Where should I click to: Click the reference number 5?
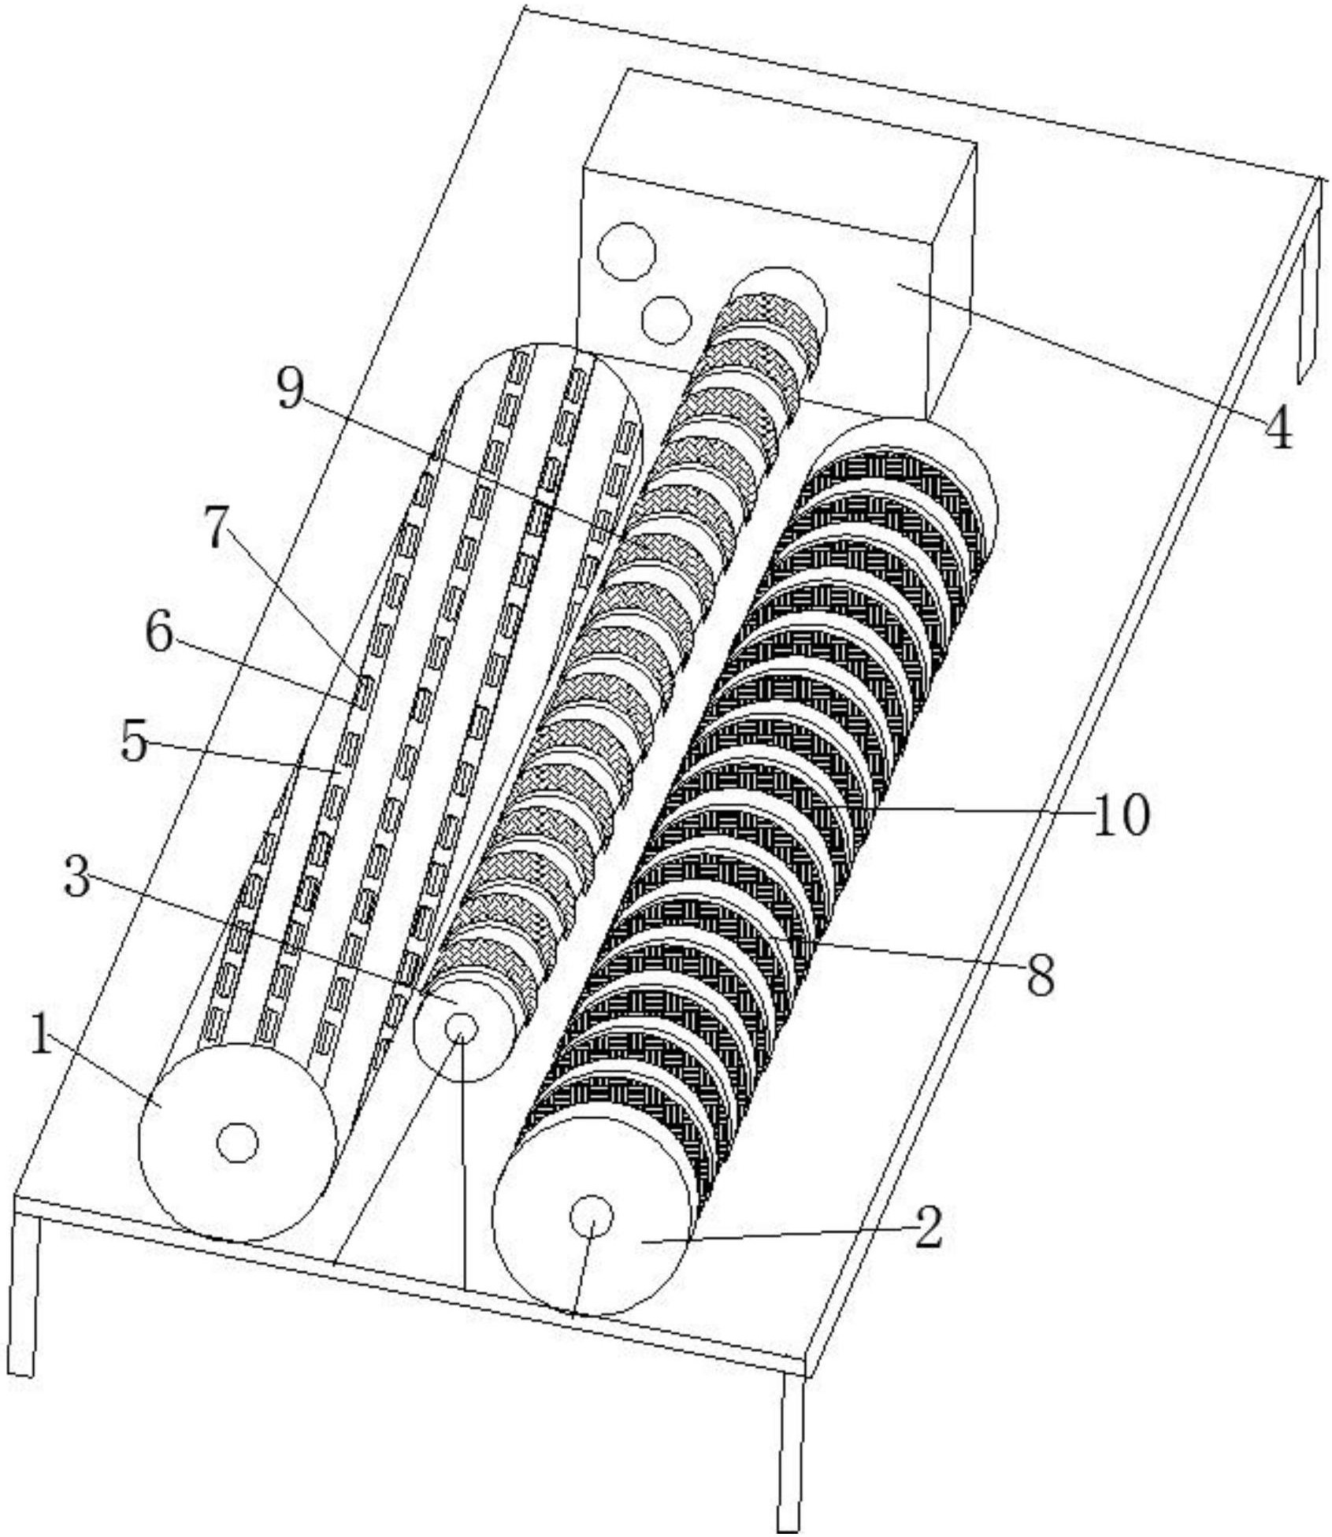134,741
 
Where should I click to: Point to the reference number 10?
1120,816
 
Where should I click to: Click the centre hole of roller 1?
237,1143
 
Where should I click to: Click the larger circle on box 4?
626,251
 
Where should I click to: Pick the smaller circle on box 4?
666,320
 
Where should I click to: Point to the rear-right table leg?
1309,280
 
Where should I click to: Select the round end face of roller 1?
237,1142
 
